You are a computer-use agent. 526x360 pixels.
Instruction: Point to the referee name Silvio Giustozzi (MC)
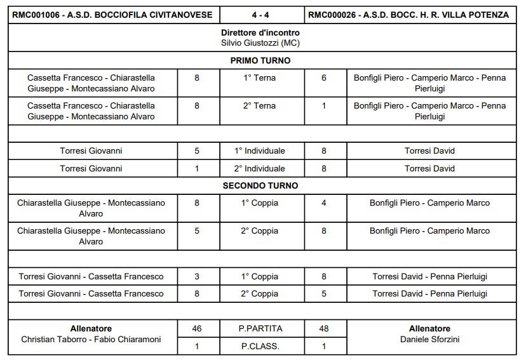pos(260,43)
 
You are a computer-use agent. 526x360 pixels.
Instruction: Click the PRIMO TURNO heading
pos(260,61)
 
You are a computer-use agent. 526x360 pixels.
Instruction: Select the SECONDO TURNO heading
pos(260,186)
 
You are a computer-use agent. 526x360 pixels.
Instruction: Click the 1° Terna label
pos(259,78)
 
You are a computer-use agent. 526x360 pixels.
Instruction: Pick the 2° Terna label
pos(259,106)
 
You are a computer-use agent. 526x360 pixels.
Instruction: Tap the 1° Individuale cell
pos(259,151)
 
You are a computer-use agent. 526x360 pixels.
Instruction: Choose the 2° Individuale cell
pos(259,169)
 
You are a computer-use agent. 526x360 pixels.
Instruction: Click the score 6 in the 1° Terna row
pos(324,78)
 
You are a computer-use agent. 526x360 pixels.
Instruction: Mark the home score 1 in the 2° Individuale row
pos(197,169)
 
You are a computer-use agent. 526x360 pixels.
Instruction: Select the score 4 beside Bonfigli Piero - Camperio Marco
pos(324,203)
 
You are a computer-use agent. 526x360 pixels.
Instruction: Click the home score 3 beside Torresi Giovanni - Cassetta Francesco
pos(197,276)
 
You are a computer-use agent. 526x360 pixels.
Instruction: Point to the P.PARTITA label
pos(259,329)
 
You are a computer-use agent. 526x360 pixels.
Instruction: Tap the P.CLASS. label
pos(259,347)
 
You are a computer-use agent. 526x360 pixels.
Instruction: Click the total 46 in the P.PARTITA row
pos(197,329)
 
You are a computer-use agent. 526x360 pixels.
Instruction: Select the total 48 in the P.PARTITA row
pos(324,329)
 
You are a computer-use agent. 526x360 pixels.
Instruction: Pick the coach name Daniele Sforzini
pos(430,339)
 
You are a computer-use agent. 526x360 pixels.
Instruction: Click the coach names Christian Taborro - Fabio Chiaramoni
pos(91,339)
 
